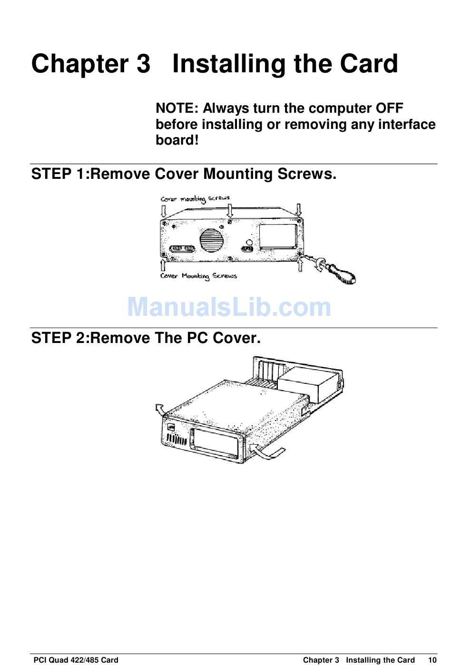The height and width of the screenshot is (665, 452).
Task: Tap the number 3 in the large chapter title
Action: click(x=143, y=63)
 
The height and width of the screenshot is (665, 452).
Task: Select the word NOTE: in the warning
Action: click(x=177, y=108)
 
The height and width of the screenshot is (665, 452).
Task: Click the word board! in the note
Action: click(x=177, y=140)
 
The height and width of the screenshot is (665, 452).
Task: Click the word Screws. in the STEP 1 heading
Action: click(x=307, y=174)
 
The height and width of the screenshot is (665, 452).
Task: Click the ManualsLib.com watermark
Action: click(x=229, y=307)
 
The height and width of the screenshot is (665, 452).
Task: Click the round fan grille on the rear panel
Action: click(x=211, y=240)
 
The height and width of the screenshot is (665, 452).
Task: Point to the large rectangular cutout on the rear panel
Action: click(x=278, y=236)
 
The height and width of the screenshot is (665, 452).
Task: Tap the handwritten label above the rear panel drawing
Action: click(x=195, y=199)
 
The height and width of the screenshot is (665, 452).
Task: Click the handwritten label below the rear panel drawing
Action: click(x=198, y=276)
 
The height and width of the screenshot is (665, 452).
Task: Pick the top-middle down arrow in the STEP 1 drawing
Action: click(x=229, y=210)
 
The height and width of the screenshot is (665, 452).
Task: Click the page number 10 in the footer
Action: click(x=432, y=660)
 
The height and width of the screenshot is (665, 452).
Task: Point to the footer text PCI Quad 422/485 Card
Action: click(x=76, y=660)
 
